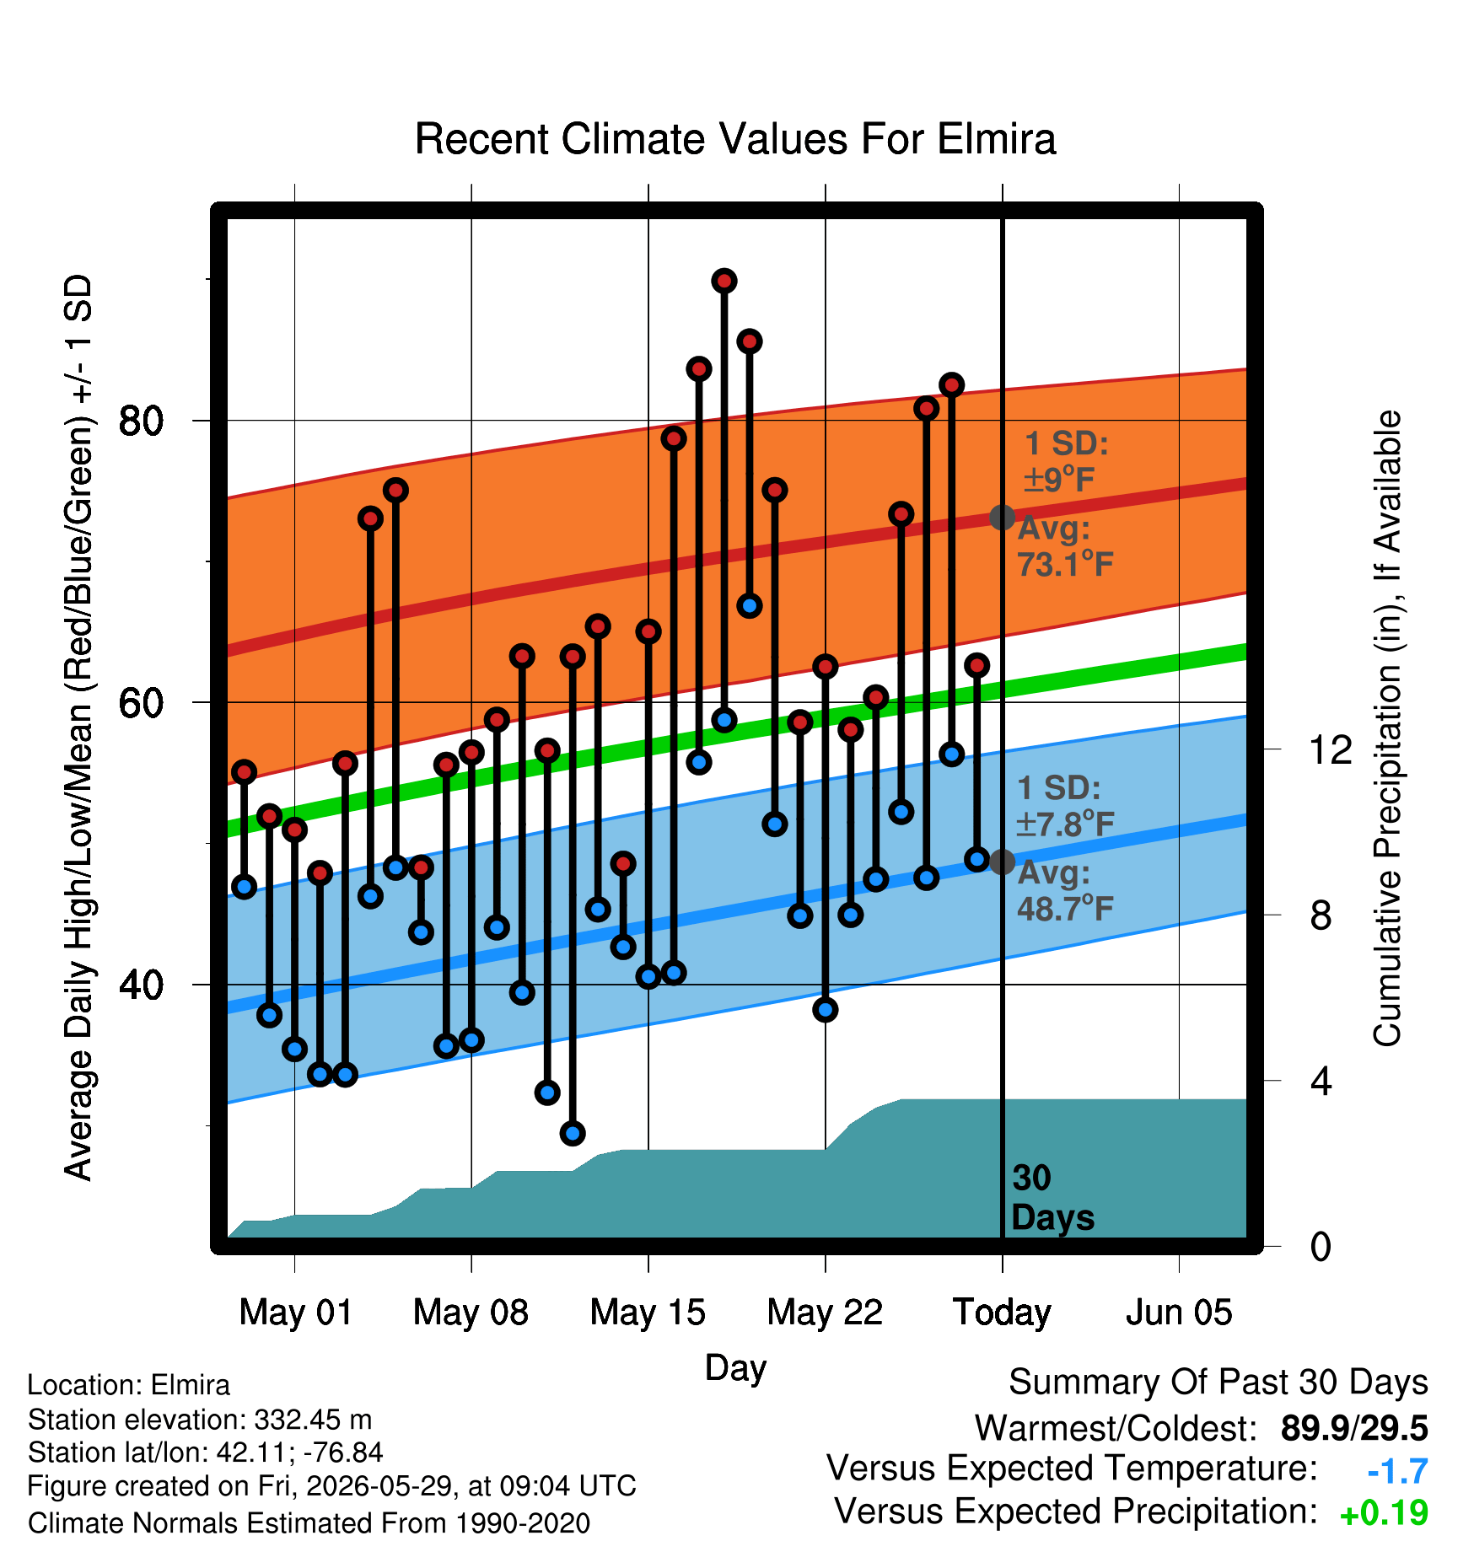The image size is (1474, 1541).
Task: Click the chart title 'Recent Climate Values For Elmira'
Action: point(734,139)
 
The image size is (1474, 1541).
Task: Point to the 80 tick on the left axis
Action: point(142,420)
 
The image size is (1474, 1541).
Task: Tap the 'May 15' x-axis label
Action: point(648,1312)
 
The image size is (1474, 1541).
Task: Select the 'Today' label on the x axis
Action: point(1002,1313)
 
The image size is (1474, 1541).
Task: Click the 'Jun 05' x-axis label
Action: point(1179,1312)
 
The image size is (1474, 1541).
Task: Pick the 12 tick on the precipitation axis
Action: point(1331,749)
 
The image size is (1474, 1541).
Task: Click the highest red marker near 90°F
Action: point(724,281)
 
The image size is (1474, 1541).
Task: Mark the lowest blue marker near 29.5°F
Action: point(573,1133)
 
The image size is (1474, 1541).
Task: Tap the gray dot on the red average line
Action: point(1002,517)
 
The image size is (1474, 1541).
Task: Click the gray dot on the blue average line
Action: point(1002,862)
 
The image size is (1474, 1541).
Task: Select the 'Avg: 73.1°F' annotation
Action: point(1065,546)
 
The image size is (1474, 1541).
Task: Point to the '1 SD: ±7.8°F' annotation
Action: point(1066,805)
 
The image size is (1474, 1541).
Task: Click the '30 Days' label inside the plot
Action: point(1052,1198)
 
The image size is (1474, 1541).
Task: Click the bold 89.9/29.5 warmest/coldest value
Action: point(1354,1428)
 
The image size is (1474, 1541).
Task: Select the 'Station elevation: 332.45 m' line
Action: point(200,1420)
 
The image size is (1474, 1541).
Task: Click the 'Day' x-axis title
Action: point(735,1367)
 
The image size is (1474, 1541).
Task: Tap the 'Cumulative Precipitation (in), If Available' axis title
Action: point(1387,728)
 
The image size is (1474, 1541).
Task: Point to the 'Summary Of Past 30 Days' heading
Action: point(1218,1383)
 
